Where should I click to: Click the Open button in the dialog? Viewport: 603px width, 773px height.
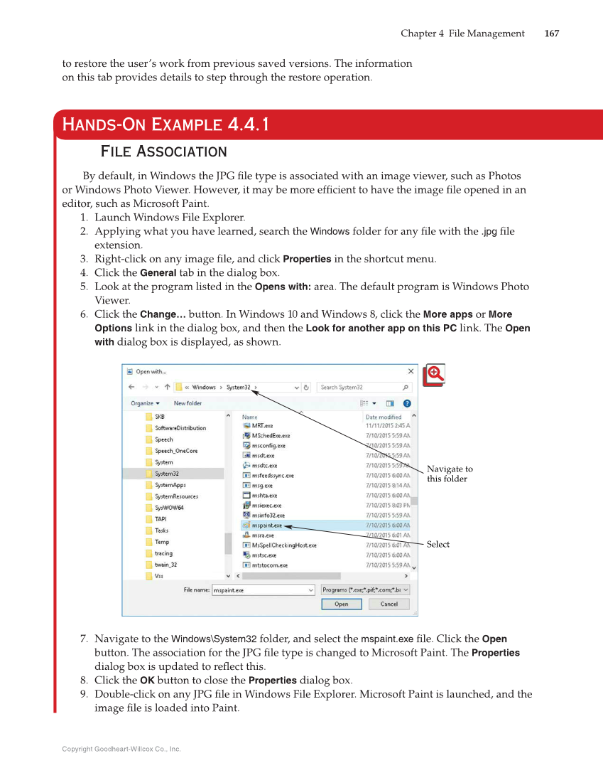[x=342, y=604]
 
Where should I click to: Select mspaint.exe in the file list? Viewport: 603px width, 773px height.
[x=267, y=526]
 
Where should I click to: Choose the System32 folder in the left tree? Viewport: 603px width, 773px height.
[x=167, y=474]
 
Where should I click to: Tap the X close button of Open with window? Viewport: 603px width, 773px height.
[x=411, y=371]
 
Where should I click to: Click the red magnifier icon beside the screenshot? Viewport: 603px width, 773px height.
[x=433, y=375]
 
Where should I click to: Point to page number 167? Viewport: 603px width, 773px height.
[x=551, y=33]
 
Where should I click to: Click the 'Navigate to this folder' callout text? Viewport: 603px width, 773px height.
[x=450, y=474]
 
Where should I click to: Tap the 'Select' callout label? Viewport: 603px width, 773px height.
[x=438, y=544]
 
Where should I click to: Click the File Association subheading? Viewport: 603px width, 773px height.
[x=164, y=151]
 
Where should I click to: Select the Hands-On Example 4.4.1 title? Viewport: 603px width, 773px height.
[x=165, y=125]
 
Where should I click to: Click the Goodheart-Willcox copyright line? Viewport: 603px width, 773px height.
[x=121, y=749]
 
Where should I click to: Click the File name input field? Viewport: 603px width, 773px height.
[x=263, y=590]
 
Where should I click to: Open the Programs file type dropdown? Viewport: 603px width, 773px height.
[x=365, y=590]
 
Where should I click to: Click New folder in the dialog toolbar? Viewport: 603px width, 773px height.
[x=188, y=403]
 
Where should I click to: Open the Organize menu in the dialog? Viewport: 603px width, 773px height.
[x=145, y=403]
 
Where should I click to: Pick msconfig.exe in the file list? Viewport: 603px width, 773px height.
[x=268, y=446]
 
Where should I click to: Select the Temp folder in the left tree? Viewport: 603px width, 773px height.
[x=162, y=542]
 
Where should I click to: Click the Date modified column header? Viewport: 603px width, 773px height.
[x=384, y=417]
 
